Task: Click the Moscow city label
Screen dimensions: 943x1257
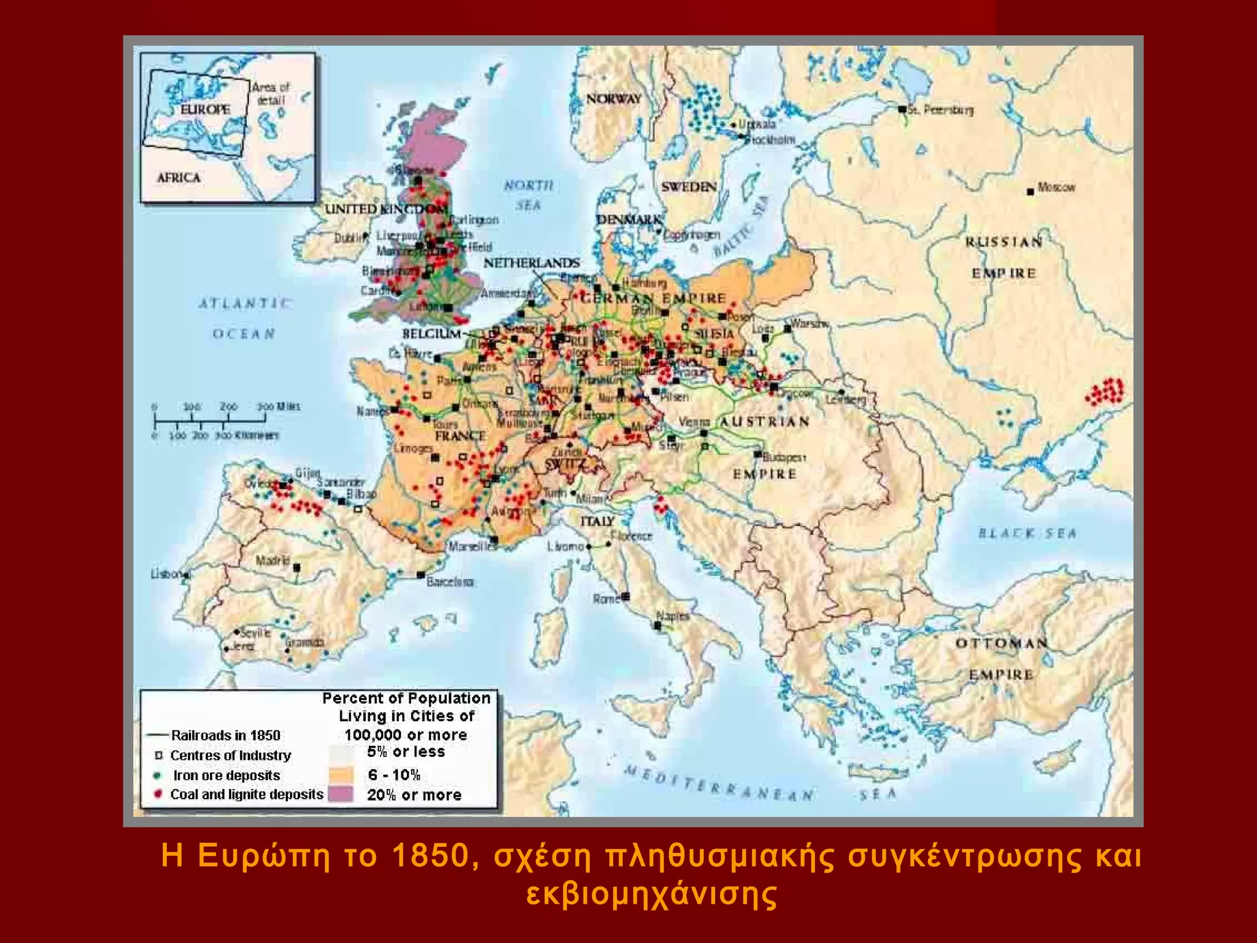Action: (1056, 187)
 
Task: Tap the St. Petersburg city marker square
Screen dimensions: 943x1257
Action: (902, 109)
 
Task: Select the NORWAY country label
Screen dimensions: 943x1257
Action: (613, 99)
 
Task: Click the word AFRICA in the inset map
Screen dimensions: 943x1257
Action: (179, 177)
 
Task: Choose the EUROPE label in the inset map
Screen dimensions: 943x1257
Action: (205, 109)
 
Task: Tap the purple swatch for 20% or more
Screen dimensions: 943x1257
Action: (341, 794)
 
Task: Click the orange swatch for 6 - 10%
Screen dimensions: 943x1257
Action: (341, 774)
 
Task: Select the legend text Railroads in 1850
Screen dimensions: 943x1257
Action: (225, 735)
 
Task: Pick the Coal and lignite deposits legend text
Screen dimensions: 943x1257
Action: (246, 794)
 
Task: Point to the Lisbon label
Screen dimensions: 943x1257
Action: (166, 574)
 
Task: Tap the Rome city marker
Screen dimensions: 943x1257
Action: (625, 596)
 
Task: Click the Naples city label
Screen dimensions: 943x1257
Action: (673, 616)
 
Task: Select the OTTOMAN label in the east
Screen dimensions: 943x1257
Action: (1001, 643)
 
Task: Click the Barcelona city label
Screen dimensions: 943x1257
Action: (450, 581)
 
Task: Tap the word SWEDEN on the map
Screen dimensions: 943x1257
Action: (689, 187)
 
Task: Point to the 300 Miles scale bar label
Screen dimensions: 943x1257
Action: (279, 406)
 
